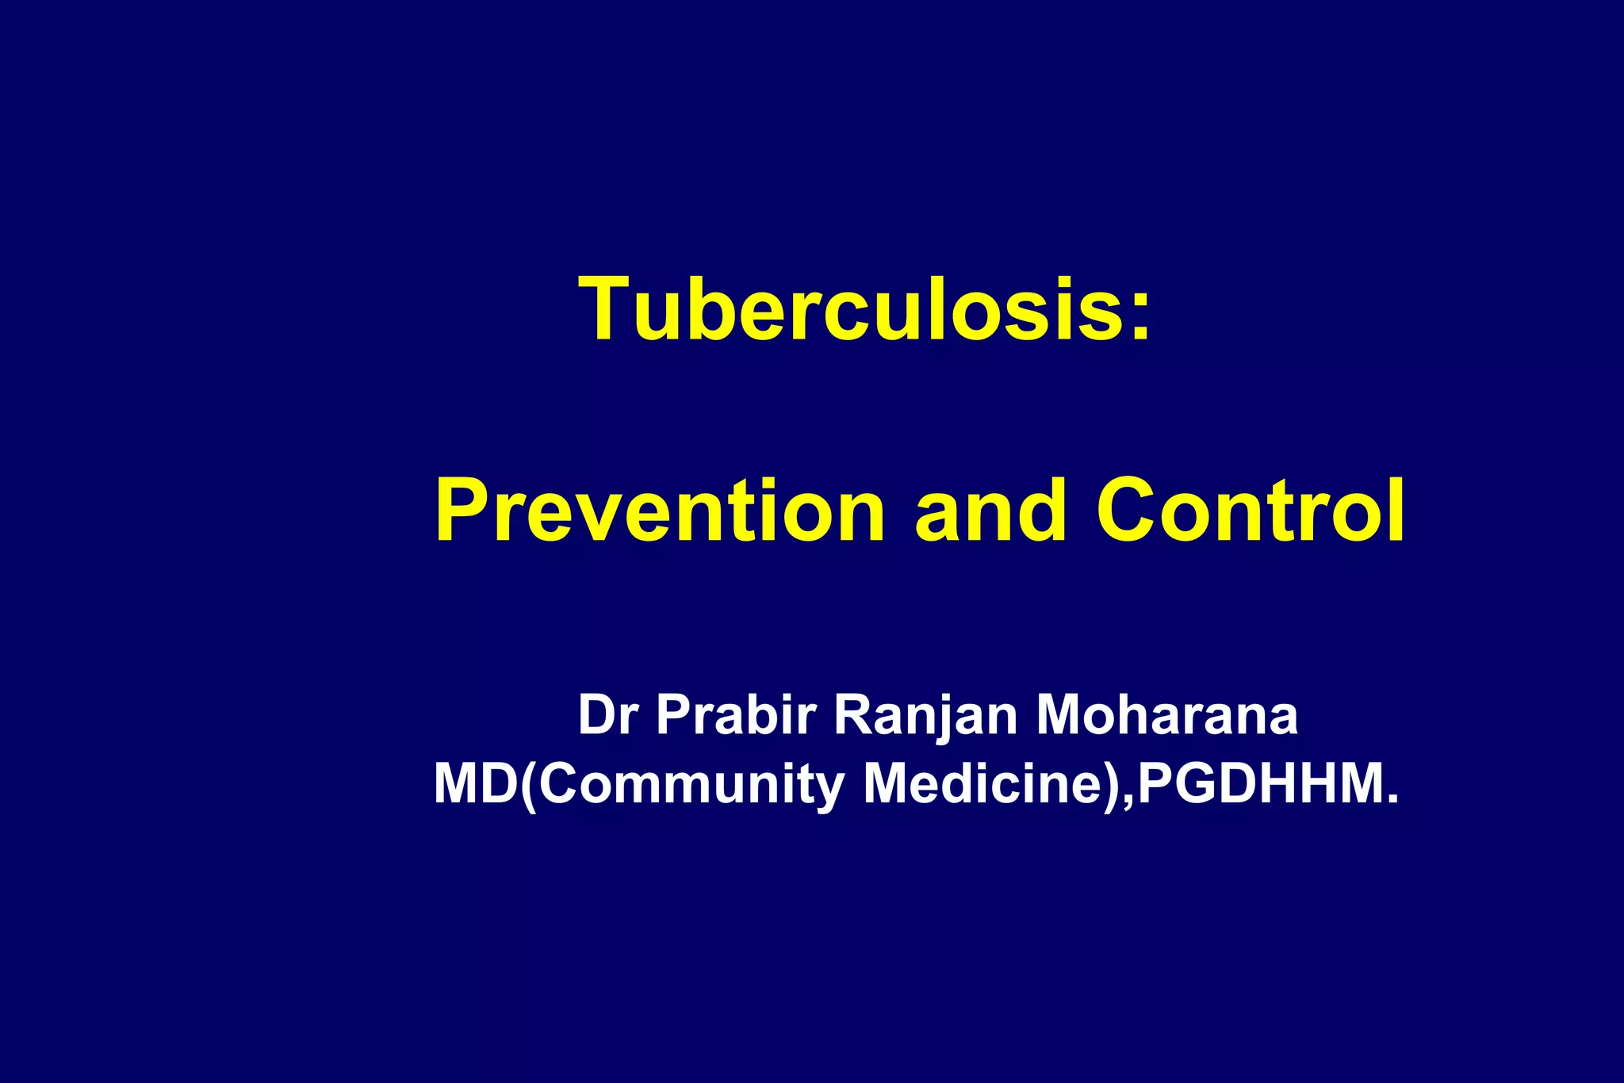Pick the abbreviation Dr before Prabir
(608, 715)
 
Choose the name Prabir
(737, 715)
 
